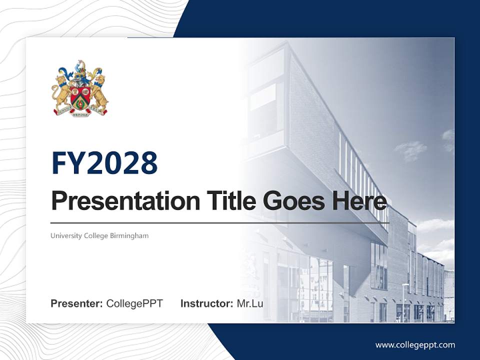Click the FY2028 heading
pos(104,163)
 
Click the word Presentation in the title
pos(125,201)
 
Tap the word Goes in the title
pos(294,201)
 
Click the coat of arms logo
pos(80,88)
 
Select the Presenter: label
pos(76,303)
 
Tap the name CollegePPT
pos(134,303)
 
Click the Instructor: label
pos(207,303)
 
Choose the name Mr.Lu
pos(250,303)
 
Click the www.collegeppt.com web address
pos(415,345)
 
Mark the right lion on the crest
pos(98,92)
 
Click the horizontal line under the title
pos(220,223)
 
